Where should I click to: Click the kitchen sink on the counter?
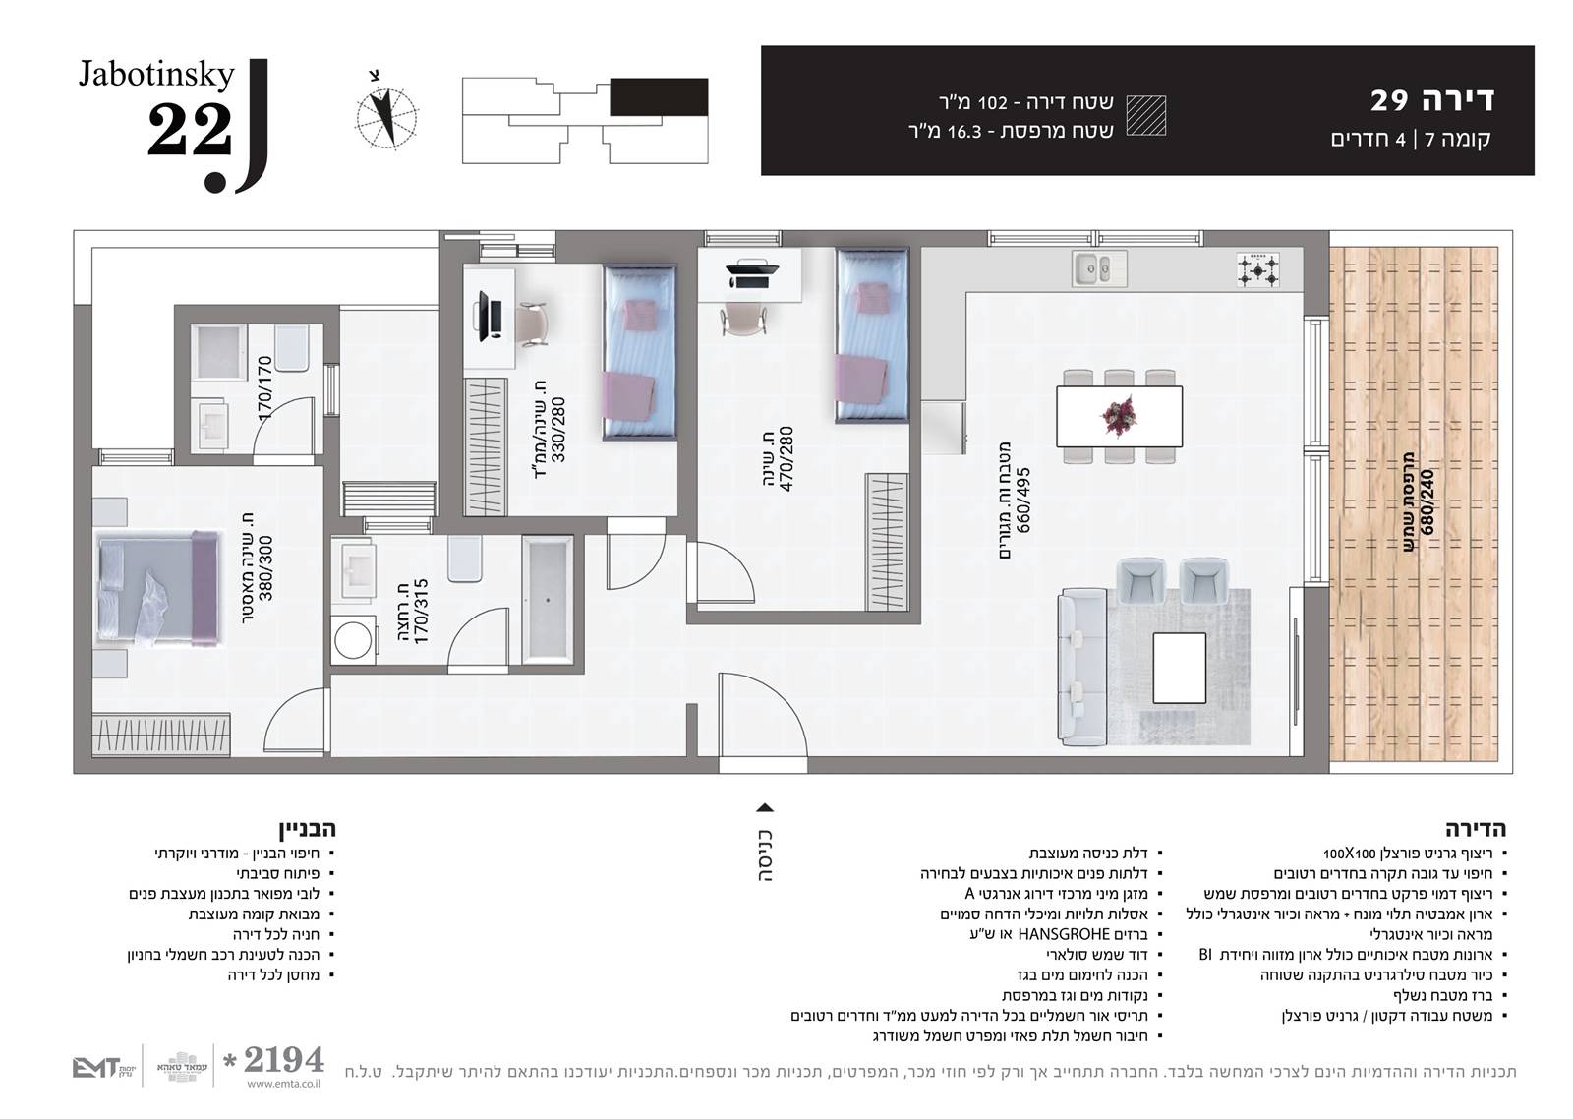point(1099,268)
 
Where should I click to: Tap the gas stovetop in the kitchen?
point(1257,269)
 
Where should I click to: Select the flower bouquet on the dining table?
point(1119,415)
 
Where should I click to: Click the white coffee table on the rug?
point(1179,668)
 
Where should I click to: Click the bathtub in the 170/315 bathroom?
point(548,599)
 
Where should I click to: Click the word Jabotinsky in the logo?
point(156,75)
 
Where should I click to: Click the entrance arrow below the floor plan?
point(764,808)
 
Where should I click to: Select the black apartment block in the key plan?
point(658,97)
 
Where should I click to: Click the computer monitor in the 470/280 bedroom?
point(752,273)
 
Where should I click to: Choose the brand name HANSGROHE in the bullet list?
point(1063,935)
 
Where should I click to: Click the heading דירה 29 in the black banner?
point(1432,100)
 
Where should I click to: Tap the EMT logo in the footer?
point(95,1069)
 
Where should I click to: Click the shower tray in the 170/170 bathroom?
point(220,353)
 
